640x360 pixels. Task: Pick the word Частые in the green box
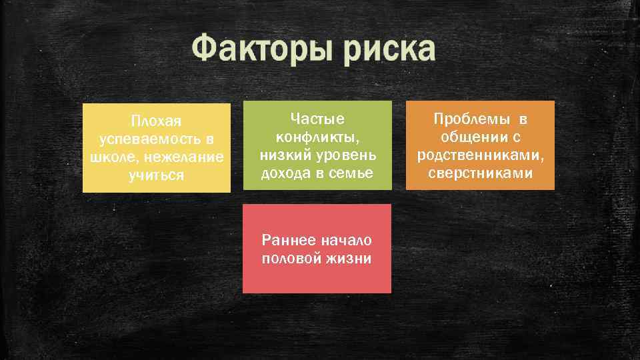[x=317, y=119]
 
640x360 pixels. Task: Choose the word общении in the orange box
[x=471, y=137]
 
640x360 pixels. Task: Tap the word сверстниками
[x=481, y=173]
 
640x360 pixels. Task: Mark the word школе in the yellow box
[x=108, y=158]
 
